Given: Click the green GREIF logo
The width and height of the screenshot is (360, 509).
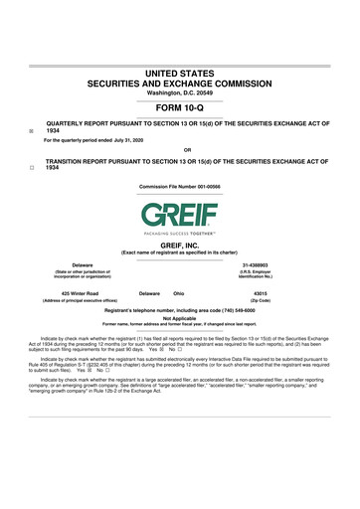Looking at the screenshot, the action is click(x=180, y=213).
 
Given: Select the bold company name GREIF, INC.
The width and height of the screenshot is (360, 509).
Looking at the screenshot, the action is click(x=180, y=245).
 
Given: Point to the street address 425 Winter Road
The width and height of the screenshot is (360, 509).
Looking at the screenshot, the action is click(x=80, y=293).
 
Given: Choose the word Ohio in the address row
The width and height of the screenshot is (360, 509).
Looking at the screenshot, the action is click(x=179, y=293).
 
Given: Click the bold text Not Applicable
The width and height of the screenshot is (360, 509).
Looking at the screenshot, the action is click(x=180, y=318).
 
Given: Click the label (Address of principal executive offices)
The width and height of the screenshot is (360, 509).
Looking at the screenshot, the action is click(x=81, y=301).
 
